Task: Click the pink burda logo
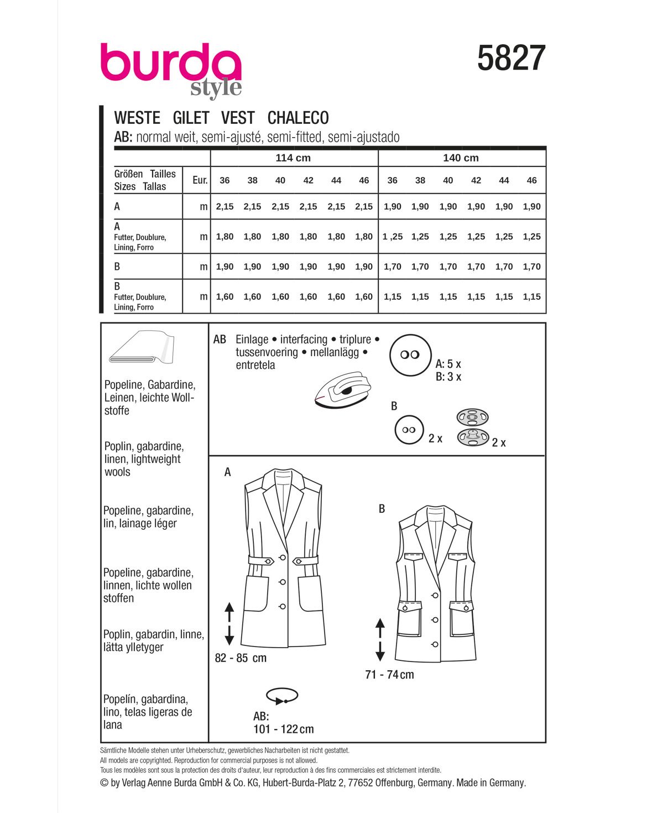(x=170, y=65)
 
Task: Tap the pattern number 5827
(x=511, y=59)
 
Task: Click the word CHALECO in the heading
(x=298, y=118)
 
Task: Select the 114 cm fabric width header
(x=293, y=158)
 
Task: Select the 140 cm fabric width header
(x=461, y=158)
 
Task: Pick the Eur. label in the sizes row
(x=200, y=180)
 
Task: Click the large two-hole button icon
(x=410, y=355)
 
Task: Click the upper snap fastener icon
(x=473, y=416)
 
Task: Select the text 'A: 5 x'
(x=448, y=364)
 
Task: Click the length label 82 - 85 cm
(x=241, y=658)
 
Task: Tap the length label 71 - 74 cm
(x=389, y=675)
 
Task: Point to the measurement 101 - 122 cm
(x=283, y=729)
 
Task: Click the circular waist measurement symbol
(x=282, y=696)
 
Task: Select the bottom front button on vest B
(x=435, y=644)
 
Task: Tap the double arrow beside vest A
(x=229, y=624)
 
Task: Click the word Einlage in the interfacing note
(x=252, y=340)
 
